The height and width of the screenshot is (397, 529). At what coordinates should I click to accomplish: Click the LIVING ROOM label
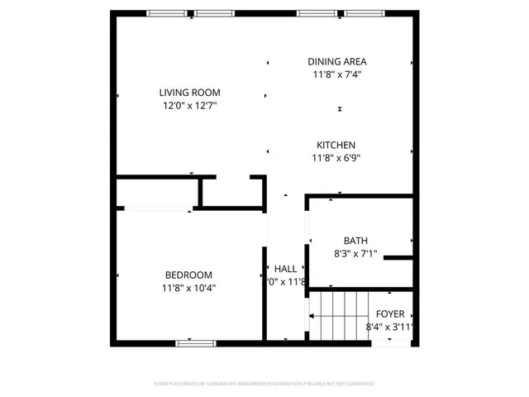pos(189,93)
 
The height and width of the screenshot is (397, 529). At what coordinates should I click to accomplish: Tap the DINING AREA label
pos(336,61)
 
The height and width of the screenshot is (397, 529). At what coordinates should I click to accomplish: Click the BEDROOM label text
pos(188,275)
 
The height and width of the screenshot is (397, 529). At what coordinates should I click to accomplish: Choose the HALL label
pos(285,269)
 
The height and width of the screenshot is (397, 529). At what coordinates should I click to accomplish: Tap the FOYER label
pos(390,314)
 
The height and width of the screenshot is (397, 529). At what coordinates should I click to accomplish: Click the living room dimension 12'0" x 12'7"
pos(189,105)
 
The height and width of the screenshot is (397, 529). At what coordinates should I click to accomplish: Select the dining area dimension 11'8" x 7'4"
pos(336,74)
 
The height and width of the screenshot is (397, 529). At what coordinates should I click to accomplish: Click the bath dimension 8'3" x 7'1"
pos(356,254)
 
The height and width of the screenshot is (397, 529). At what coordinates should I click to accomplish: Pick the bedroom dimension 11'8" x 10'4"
pos(188,288)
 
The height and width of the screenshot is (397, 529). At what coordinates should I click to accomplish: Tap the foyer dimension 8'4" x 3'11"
pos(390,328)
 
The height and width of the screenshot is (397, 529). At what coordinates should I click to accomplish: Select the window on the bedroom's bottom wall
pos(190,342)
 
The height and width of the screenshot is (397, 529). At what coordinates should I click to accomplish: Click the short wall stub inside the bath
pos(398,258)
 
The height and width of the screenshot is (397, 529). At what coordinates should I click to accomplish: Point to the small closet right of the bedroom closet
pos(232,193)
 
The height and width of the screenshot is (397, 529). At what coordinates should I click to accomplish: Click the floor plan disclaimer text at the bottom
pos(264,384)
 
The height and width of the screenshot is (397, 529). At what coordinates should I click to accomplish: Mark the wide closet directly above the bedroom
pos(156,193)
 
